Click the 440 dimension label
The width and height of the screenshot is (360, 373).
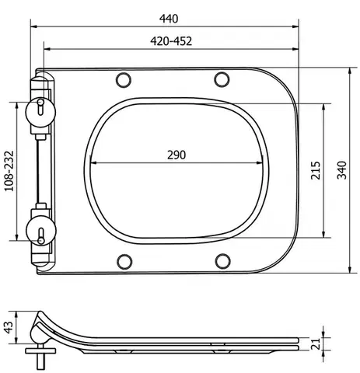pos(169,19)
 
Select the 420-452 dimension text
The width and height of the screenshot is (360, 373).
pos(171,41)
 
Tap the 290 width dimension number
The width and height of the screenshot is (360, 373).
pos(177,155)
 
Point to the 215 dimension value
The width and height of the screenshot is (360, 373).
pos(316,170)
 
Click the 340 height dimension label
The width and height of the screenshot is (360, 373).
pos(341,170)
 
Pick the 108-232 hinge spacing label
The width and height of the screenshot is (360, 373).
pos(9,171)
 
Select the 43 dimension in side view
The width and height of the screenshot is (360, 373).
pos(9,328)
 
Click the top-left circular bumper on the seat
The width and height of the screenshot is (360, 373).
pos(124,80)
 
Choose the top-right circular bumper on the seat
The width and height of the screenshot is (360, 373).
pos(222,79)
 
